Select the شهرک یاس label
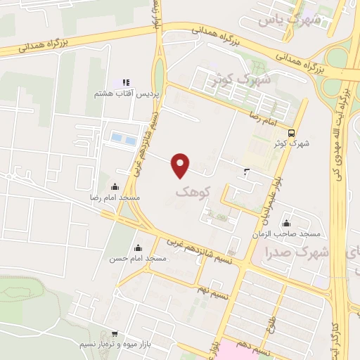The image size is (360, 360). point(289,19)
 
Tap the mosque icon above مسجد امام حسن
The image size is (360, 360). point(137,247)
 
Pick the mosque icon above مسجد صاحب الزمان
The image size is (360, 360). point(286,222)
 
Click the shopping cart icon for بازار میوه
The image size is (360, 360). point(115,334)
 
